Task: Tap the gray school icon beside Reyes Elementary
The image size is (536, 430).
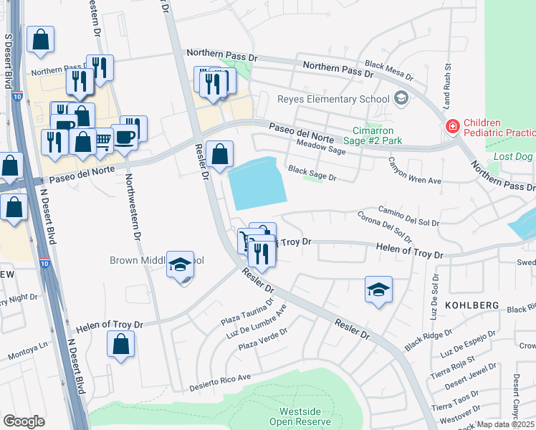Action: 401,98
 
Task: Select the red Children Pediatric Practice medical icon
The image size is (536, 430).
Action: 452,127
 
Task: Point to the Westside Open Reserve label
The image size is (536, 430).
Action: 295,416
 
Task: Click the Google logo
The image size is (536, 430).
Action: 24,421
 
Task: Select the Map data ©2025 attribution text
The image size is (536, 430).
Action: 504,424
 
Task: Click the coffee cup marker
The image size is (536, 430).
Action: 126,137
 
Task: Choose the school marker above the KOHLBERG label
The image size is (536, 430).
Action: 378,290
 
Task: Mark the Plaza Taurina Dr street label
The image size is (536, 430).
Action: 240,310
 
